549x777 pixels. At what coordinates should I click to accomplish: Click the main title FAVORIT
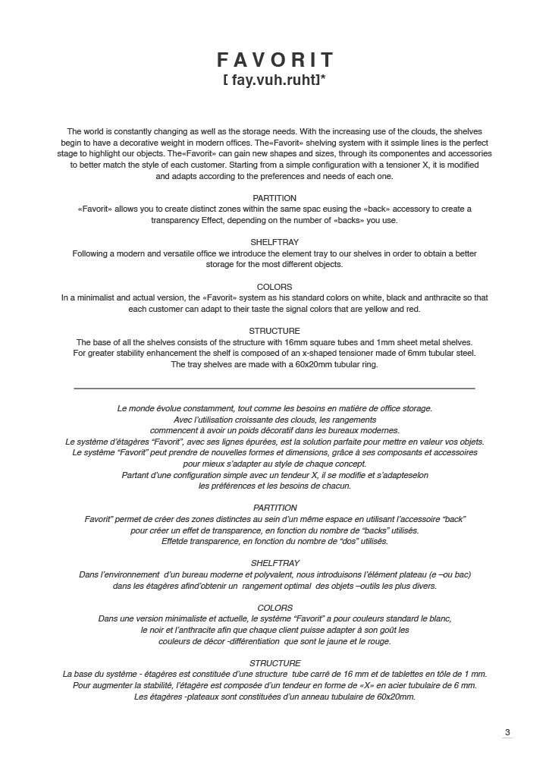[x=274, y=60]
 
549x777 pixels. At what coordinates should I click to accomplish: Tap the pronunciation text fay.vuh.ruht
[x=274, y=79]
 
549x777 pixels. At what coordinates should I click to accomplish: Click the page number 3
[x=507, y=732]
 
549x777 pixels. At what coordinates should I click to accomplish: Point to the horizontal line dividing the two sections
[x=274, y=388]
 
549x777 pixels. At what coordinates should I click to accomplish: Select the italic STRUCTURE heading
[x=274, y=663]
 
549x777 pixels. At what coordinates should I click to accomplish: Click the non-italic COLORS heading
[x=274, y=288]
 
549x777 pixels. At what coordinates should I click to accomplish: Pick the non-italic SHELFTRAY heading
[x=274, y=243]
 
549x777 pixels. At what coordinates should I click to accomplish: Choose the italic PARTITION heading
[x=274, y=508]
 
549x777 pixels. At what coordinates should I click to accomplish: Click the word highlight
[x=114, y=153]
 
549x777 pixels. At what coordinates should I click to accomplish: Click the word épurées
[x=265, y=442]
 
